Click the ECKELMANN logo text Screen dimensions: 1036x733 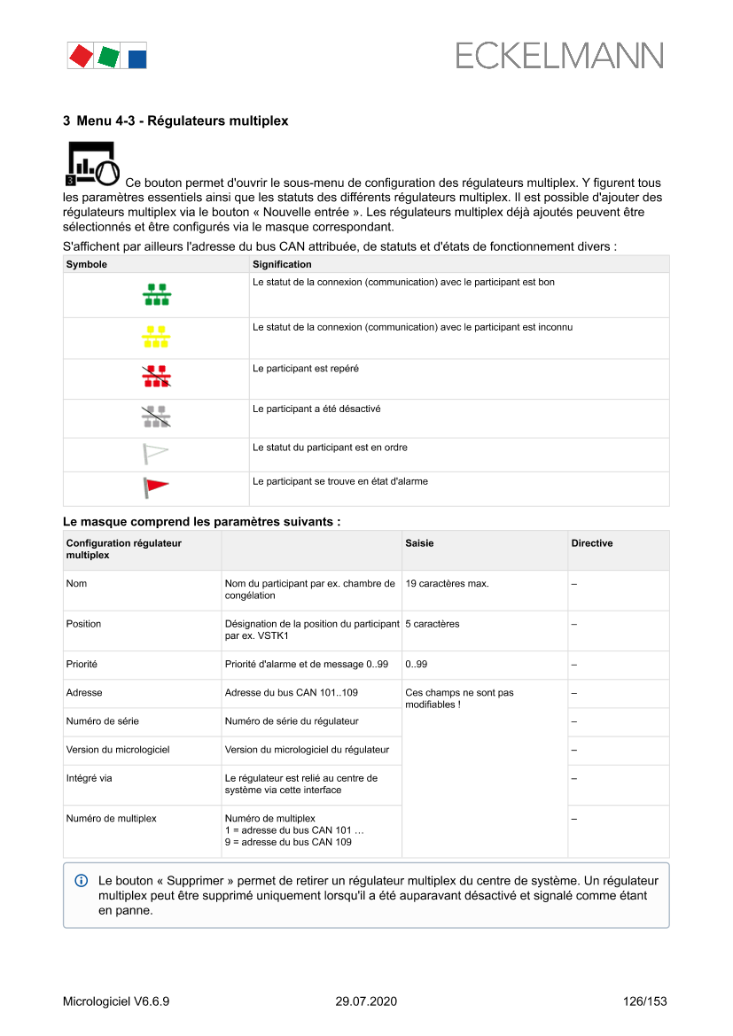[x=559, y=56]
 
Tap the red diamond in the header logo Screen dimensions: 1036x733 [x=81, y=56]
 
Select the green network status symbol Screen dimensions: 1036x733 [x=157, y=295]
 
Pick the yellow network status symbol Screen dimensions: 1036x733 [x=157, y=337]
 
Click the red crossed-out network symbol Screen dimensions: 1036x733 [x=157, y=378]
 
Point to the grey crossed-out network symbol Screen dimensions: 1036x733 [x=157, y=417]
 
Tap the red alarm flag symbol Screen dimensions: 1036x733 [x=156, y=487]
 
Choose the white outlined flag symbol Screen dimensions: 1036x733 [x=156, y=454]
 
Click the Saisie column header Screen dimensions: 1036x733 [x=419, y=543]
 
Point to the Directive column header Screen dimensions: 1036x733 [x=591, y=543]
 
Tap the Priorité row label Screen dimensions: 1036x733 [x=82, y=664]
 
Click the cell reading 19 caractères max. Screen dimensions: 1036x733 [x=447, y=584]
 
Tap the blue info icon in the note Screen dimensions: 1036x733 [x=82, y=881]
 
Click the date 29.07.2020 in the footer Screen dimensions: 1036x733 [x=366, y=1001]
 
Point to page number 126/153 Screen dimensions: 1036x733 [x=644, y=1001]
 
